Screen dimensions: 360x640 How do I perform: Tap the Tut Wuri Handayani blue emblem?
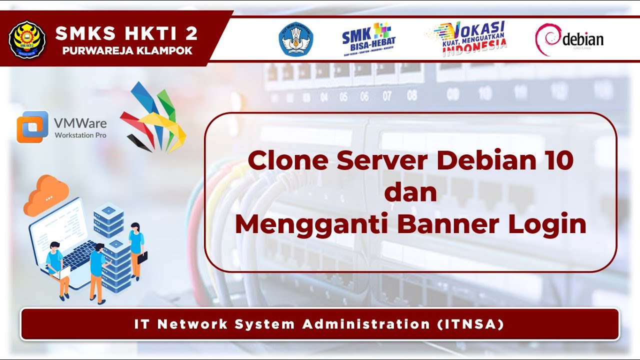coord(296,39)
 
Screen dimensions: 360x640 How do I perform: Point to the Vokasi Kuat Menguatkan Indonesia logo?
coord(467,38)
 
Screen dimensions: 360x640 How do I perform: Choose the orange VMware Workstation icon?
coord(32,127)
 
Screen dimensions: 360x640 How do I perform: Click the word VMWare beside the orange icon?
coord(80,123)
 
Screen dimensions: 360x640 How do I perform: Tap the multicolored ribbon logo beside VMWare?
coord(152,117)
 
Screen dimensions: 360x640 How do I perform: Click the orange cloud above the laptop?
coord(46,194)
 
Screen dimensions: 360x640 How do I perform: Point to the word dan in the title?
coord(410,192)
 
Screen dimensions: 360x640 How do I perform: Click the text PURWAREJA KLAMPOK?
coord(127,50)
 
